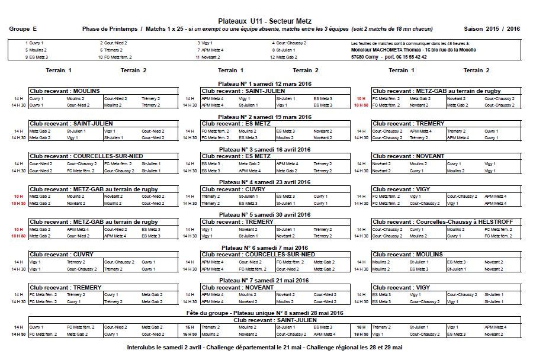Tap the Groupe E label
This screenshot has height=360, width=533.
pos(23,29)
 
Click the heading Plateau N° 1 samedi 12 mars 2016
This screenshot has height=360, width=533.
pos(265,84)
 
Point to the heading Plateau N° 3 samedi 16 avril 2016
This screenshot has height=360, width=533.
pos(265,150)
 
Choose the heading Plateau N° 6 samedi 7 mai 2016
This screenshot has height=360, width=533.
pos(265,247)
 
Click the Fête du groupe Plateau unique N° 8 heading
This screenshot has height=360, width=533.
pos(265,313)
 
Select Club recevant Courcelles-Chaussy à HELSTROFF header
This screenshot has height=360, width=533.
pos(443,221)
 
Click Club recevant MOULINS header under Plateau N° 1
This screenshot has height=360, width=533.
pos(65,91)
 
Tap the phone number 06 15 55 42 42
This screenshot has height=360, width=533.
pos(407,57)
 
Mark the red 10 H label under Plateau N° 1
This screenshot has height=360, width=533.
pos(361,98)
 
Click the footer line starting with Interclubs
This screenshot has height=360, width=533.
pos(265,347)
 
